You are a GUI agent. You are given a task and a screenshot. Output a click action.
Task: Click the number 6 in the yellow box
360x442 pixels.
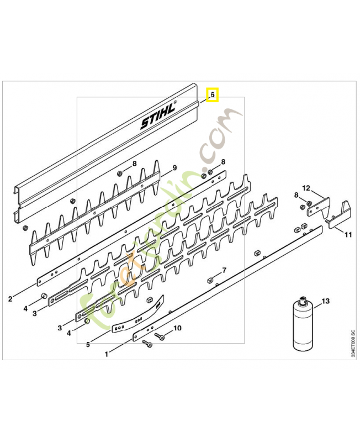click(x=212, y=95)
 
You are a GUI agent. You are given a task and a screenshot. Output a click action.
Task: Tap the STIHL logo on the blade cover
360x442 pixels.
click(x=157, y=116)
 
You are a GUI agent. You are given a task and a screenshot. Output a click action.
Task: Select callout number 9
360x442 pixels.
click(x=174, y=168)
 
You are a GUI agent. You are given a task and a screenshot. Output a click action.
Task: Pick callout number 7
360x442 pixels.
click(x=224, y=270)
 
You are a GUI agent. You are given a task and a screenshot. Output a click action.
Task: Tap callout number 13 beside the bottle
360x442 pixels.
click(x=325, y=301)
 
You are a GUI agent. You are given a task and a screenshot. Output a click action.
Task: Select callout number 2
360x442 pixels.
click(x=10, y=299)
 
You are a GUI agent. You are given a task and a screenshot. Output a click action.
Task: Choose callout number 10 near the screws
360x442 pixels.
click(x=177, y=328)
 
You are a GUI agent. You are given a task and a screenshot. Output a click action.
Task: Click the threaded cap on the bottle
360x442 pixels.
click(x=302, y=302)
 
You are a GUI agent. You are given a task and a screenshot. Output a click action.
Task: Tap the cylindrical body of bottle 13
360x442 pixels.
click(x=302, y=329)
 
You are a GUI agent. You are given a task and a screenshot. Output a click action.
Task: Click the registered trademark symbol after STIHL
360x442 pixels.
click(x=176, y=103)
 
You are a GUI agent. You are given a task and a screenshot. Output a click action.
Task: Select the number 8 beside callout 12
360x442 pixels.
click(x=296, y=196)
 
